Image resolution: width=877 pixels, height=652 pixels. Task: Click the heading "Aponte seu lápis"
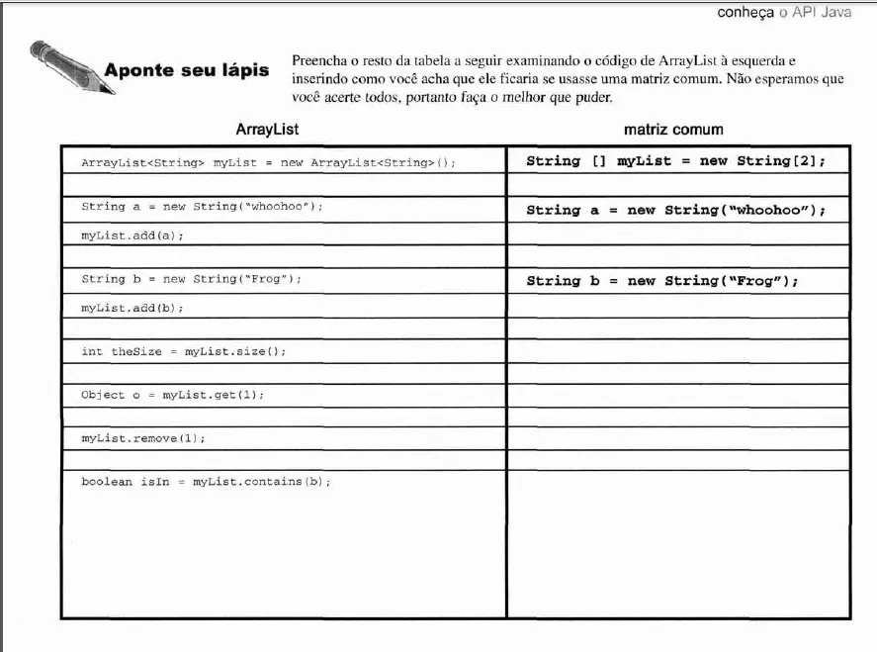point(186,71)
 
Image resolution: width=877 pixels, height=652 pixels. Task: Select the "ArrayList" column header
point(267,130)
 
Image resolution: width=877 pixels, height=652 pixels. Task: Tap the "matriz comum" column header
point(673,130)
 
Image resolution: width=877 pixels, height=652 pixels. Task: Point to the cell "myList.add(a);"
point(132,235)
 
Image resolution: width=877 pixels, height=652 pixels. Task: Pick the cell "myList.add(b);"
point(132,308)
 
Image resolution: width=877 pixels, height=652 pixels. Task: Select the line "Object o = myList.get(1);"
point(172,395)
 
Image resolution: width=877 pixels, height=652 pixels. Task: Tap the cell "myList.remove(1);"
point(143,438)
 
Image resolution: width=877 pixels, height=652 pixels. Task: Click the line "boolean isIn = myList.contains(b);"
point(206,482)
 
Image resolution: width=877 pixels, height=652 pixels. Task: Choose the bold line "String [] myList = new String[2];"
point(675,160)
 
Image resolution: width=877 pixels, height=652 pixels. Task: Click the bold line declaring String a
point(675,210)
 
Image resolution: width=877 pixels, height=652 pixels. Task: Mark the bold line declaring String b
point(662,281)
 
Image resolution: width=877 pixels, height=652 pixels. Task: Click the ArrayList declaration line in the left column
point(268,162)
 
